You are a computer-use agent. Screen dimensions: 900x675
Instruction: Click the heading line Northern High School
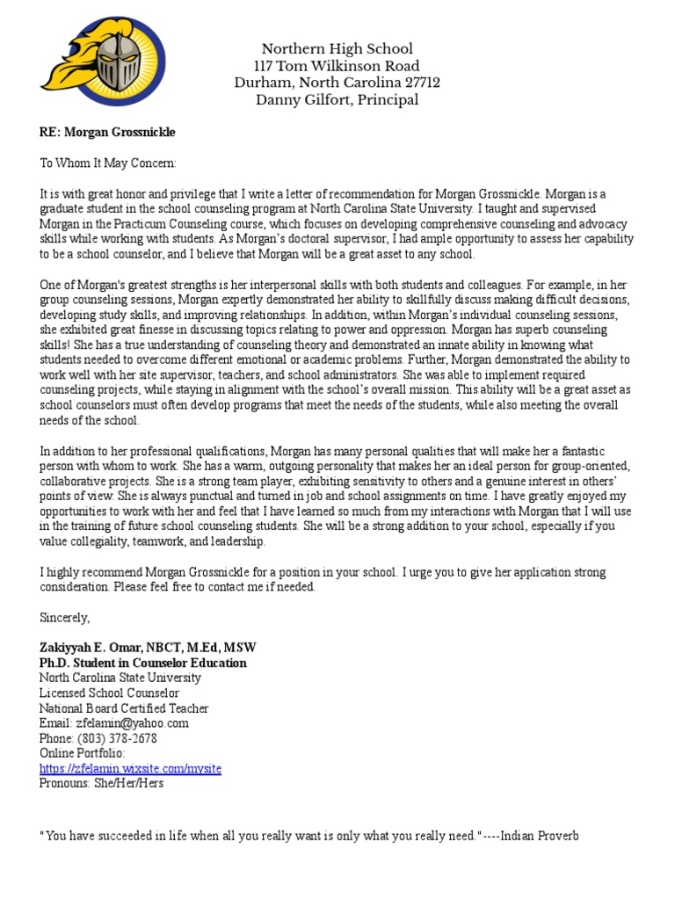pos(337,49)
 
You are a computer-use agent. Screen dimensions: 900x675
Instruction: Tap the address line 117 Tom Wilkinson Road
pos(337,66)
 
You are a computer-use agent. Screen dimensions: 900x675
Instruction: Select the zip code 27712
pos(421,83)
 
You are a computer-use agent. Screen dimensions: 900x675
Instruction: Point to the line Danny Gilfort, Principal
pos(337,99)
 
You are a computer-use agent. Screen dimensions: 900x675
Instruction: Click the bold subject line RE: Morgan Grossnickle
pos(107,132)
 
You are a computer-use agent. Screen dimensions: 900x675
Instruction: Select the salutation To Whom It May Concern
pos(108,163)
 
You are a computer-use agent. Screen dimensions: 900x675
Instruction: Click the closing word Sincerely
pos(65,618)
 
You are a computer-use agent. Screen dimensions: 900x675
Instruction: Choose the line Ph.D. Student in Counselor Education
pos(142,663)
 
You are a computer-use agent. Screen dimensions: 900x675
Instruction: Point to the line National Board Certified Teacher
pos(124,708)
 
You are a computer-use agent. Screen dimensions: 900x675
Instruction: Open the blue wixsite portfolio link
pos(130,769)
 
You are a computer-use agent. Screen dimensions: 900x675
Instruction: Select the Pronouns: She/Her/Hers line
pos(101,784)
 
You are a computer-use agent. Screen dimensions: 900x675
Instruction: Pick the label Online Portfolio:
pos(83,754)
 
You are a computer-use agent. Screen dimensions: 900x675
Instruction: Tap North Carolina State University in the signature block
pos(120,679)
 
